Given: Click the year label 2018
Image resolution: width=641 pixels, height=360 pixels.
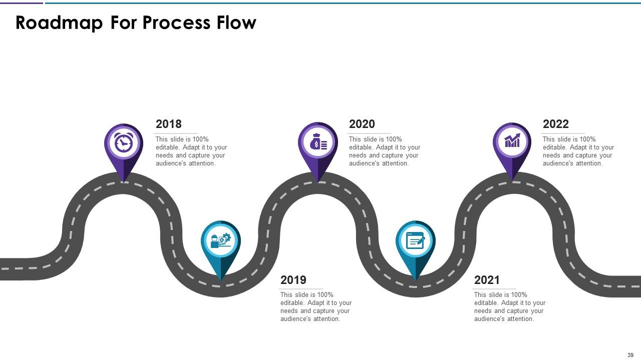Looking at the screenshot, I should [x=169, y=124].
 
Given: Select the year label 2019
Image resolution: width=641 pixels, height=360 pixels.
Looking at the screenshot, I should [x=293, y=280].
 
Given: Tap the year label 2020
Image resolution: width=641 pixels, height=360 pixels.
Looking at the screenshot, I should [x=362, y=124].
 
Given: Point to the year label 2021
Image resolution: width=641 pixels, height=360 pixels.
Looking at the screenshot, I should [x=487, y=280].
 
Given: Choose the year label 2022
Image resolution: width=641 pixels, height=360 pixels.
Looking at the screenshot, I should [x=556, y=124].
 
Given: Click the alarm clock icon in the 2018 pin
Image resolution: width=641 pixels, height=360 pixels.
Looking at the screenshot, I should [x=123, y=143].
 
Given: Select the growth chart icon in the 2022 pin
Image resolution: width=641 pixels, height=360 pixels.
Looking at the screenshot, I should [x=512, y=141].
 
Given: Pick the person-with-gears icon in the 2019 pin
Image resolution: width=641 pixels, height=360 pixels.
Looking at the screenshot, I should [x=221, y=241].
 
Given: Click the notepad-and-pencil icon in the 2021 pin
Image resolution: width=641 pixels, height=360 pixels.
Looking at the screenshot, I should [x=415, y=241].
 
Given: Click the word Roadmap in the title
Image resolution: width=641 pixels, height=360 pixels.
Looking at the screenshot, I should [x=59, y=22].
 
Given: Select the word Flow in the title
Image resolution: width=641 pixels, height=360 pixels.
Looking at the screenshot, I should [x=236, y=22].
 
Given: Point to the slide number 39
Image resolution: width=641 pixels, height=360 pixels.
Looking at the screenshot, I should [x=630, y=355].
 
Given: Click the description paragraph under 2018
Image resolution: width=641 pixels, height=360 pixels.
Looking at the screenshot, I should [x=191, y=151].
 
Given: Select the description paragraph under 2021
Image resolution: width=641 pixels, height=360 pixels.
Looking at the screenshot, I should [x=510, y=307].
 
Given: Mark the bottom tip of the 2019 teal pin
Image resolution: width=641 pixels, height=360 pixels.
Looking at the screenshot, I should [x=221, y=280].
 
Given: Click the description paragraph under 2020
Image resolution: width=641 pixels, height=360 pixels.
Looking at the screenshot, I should [x=385, y=151].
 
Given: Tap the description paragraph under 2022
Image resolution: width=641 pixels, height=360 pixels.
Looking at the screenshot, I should [x=578, y=151].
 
